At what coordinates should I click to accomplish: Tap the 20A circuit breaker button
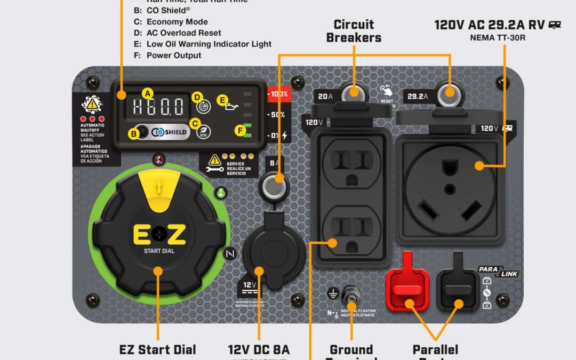pyautogui.click(x=352, y=94)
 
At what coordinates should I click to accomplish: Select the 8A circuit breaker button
pyautogui.click(x=274, y=187)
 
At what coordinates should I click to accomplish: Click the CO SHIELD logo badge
pyautogui.click(x=163, y=132)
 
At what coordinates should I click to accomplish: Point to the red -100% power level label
pyautogui.click(x=278, y=94)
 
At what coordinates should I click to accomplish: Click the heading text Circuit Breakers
pyautogui.click(x=354, y=31)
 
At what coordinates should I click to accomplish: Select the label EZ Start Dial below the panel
pyautogui.click(x=157, y=350)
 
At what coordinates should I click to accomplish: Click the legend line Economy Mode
pyautogui.click(x=177, y=22)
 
